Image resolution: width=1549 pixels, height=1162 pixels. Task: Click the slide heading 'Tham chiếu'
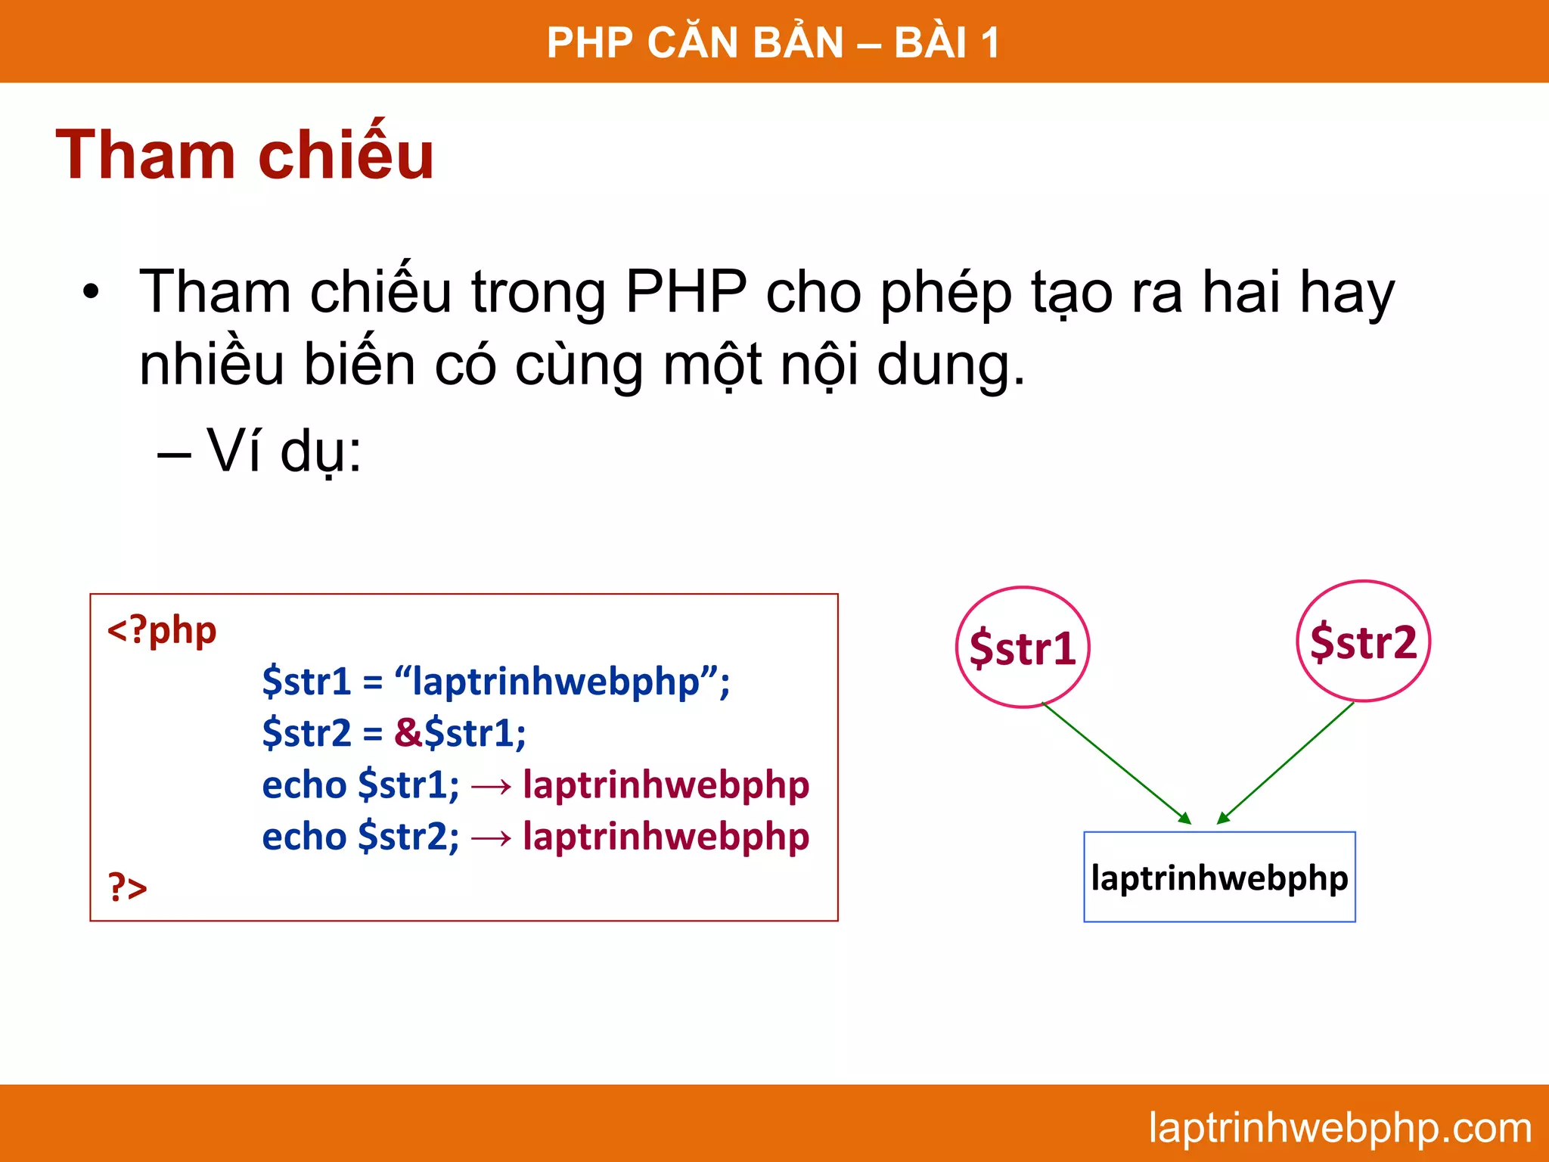(244, 155)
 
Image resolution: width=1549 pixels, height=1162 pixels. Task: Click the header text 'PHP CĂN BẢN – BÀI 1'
(773, 42)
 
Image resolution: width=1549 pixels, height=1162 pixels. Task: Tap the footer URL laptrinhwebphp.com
(1339, 1127)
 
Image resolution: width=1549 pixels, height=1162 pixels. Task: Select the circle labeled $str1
(1023, 648)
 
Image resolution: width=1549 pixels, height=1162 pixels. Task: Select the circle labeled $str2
(1363, 642)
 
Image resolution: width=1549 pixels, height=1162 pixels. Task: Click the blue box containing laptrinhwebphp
(1219, 878)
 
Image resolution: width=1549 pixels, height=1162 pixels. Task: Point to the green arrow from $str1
(1116, 763)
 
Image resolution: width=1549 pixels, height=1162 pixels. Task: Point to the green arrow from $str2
(1286, 763)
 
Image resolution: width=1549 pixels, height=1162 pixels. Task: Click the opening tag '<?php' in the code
(161, 630)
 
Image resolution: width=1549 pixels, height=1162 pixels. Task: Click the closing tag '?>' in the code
(127, 887)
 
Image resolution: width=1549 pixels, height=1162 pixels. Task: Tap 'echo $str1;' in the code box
(360, 785)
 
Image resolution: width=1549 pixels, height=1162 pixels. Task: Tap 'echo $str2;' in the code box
(360, 837)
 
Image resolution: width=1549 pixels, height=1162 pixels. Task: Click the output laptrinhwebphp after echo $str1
(666, 785)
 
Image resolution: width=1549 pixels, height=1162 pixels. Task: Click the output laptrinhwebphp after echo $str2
(666, 837)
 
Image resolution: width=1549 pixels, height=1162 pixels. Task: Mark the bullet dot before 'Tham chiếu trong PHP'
(91, 292)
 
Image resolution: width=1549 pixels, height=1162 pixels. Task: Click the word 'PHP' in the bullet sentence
(686, 292)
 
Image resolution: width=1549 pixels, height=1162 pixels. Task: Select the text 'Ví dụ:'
(284, 451)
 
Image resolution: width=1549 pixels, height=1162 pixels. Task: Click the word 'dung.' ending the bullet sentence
(950, 365)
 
